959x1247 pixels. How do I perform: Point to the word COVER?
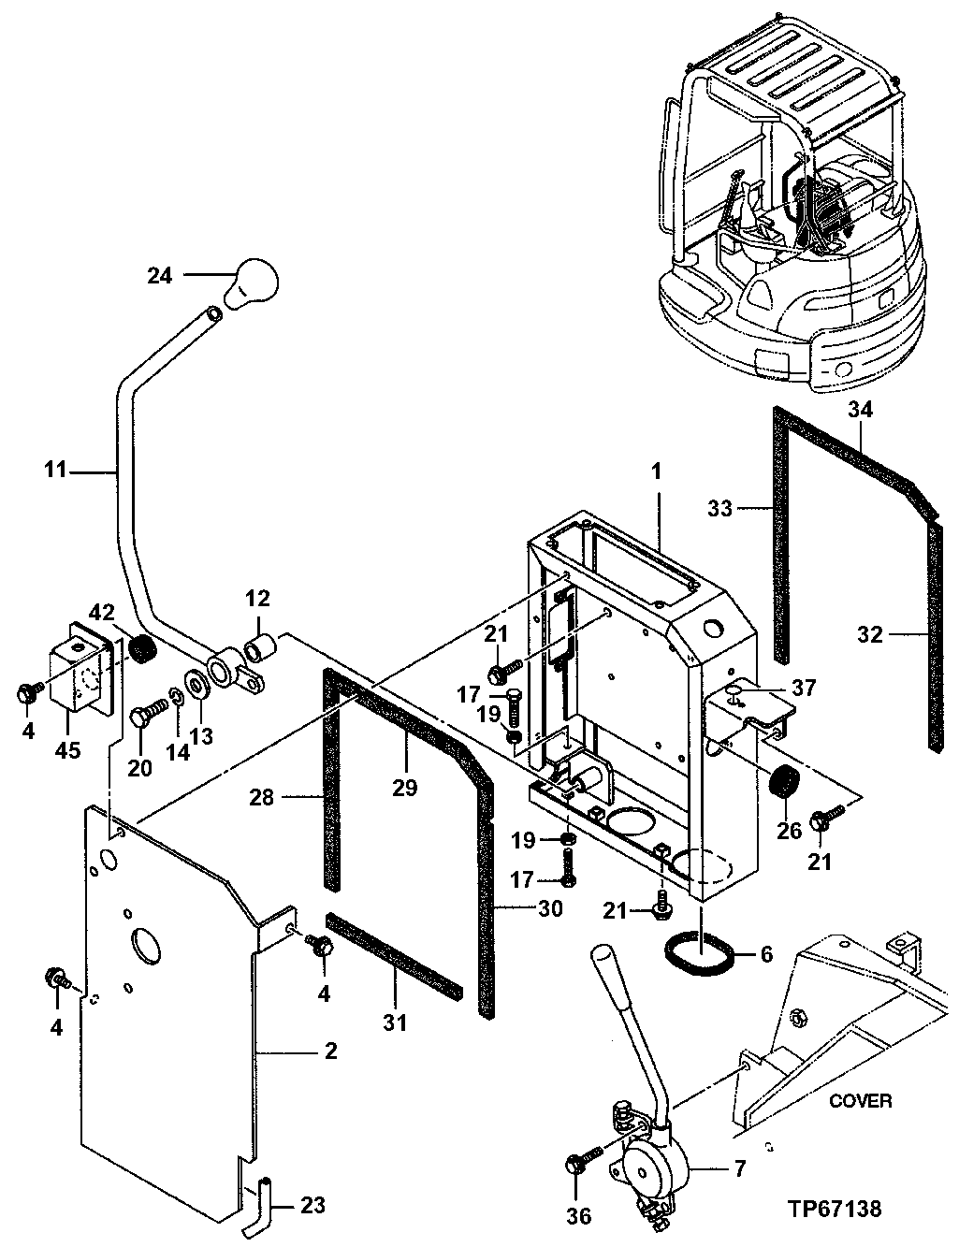click(x=860, y=1100)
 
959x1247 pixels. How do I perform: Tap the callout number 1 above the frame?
click(x=656, y=472)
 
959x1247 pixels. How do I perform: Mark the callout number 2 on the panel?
click(x=329, y=1051)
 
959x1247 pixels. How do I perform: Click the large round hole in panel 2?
click(x=146, y=944)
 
